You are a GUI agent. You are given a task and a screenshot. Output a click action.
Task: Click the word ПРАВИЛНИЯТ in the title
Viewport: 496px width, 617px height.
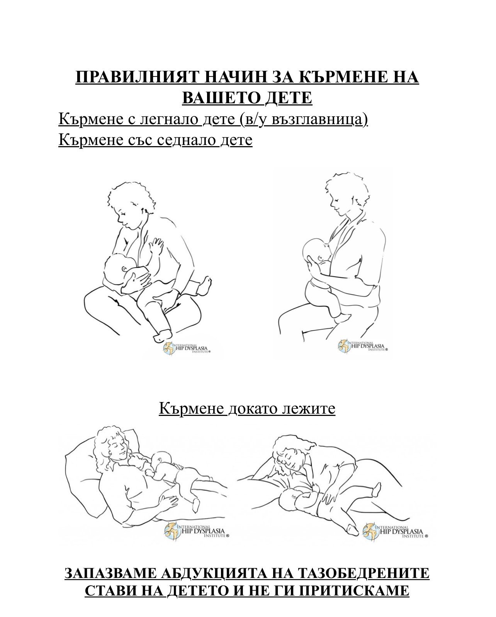[x=138, y=77]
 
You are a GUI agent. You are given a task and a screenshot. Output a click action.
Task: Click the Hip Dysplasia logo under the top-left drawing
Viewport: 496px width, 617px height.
[x=187, y=349]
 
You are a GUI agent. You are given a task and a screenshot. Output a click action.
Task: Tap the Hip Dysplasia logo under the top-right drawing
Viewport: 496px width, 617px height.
[x=362, y=346]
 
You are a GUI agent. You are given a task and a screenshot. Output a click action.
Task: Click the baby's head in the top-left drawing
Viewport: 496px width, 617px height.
[x=118, y=269]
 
